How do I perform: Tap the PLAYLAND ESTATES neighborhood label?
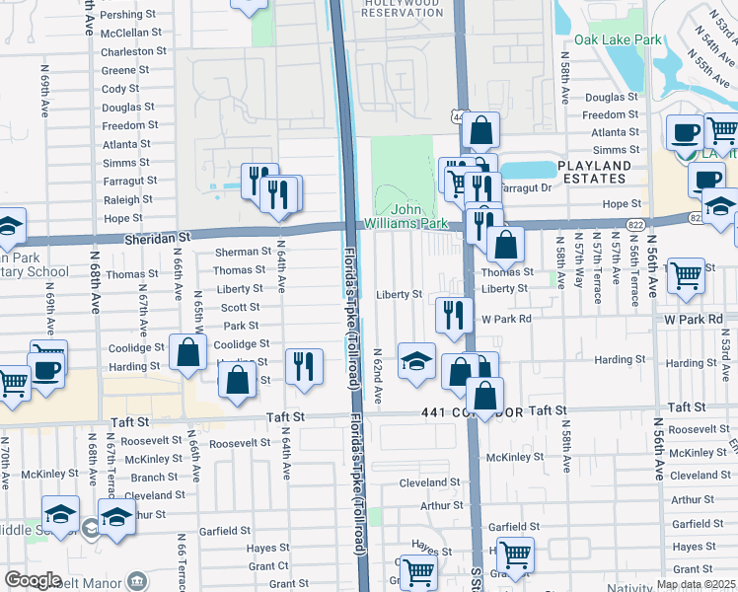click(607, 172)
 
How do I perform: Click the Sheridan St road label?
click(157, 238)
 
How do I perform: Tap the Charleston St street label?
click(131, 51)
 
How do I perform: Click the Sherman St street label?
click(241, 252)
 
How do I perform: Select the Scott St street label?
click(241, 307)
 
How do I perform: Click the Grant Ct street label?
click(268, 566)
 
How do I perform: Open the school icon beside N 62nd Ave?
click(416, 359)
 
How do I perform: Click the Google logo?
click(34, 580)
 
